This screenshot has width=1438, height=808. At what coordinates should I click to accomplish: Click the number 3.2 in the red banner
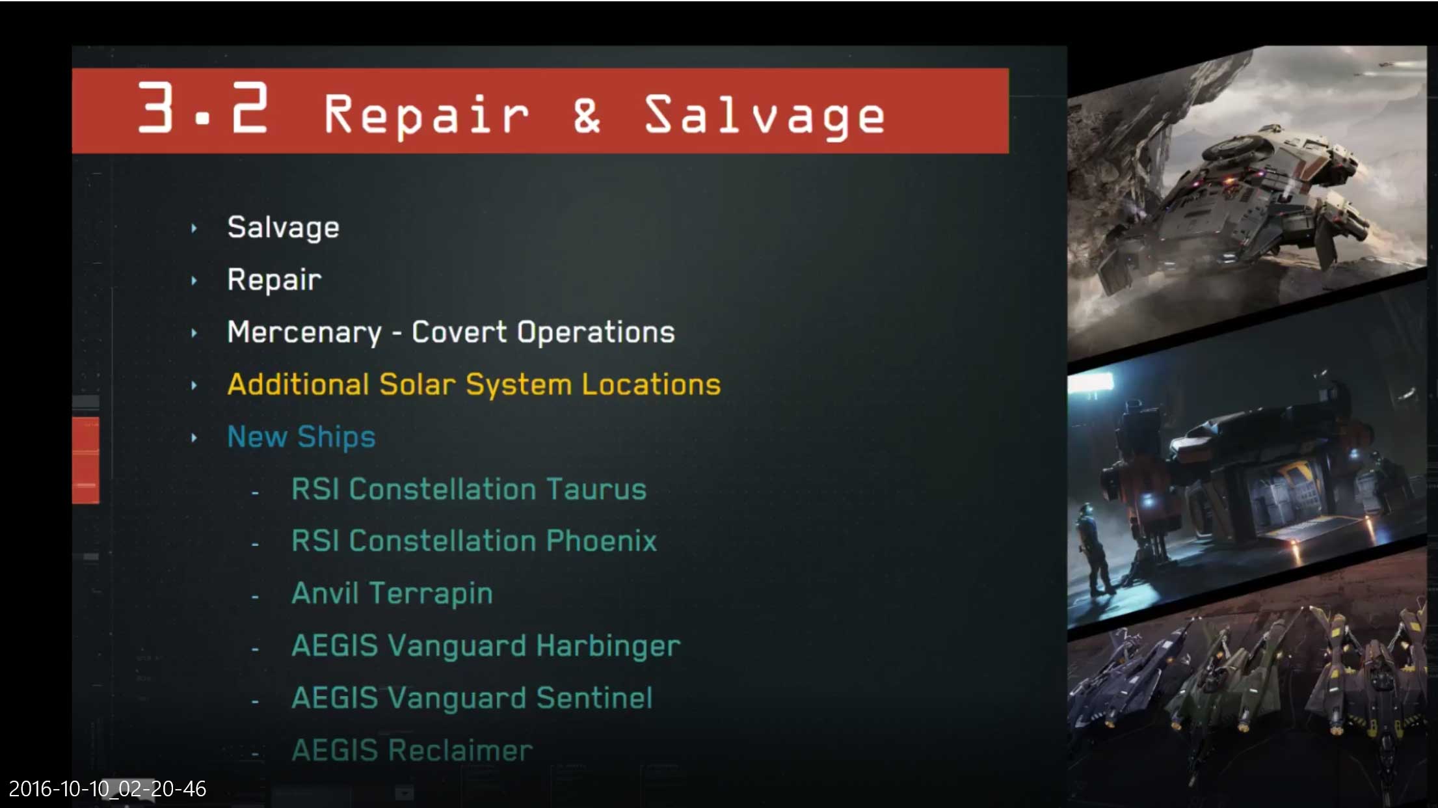pos(203,108)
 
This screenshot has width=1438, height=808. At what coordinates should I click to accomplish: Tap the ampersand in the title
pos(587,114)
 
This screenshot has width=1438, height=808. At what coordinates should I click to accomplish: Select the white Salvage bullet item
pos(283,228)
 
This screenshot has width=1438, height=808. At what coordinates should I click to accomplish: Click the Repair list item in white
pos(274,280)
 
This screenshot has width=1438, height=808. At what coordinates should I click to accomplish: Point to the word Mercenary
pos(304,332)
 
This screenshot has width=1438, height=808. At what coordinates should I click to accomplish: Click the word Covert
pos(459,332)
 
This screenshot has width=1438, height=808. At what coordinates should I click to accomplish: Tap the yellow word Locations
pos(651,384)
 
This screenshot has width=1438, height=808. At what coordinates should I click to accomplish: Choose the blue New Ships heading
pos(301,437)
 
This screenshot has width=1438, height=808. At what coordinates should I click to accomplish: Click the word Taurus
pos(596,489)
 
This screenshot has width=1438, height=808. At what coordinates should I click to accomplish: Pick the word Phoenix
pos(601,541)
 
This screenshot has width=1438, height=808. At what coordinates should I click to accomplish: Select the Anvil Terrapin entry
pos(392,593)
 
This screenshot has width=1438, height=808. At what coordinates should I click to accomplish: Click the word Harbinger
pos(608,646)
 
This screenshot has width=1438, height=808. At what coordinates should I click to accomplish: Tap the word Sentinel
pos(594,698)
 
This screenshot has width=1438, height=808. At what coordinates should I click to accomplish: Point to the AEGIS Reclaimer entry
pos(412,750)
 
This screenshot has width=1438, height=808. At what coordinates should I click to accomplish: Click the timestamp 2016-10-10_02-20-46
pos(107,788)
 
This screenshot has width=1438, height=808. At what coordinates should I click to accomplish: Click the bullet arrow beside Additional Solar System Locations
pos(194,385)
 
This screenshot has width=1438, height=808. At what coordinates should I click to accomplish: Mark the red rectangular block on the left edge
pos(85,460)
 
